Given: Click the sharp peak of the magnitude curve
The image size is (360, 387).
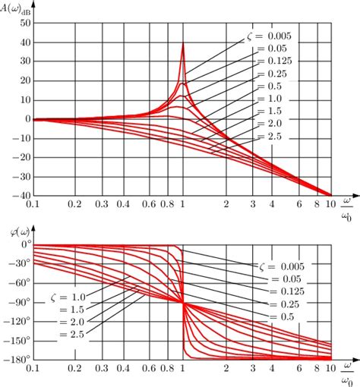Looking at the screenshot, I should [183, 44].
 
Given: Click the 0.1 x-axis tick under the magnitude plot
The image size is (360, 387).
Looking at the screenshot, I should [32, 205].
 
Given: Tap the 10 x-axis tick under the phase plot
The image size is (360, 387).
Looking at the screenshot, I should [330, 368].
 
